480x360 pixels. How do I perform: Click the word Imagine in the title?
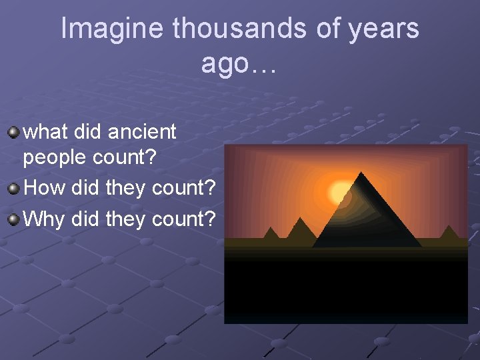pos(113,29)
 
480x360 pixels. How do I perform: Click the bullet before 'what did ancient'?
pos(13,132)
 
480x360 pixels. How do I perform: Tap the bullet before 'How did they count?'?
pos(13,188)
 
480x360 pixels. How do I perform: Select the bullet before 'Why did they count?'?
pos(13,218)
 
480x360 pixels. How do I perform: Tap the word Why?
pos(45,218)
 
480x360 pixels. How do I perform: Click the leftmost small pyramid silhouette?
pos(271,233)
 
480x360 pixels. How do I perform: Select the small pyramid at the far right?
pos(449,233)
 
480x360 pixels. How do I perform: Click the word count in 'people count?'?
pos(130,159)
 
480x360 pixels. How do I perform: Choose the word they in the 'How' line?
pos(127,188)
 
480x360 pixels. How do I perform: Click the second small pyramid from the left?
pos(301,229)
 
